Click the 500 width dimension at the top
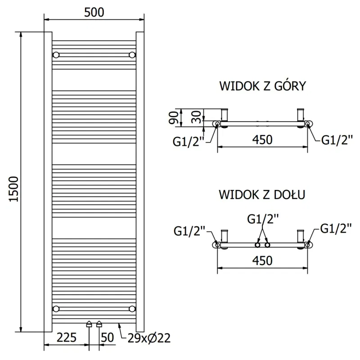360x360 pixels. (x=94, y=12)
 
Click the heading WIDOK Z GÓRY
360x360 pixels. (x=262, y=86)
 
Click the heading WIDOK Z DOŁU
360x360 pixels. (x=262, y=194)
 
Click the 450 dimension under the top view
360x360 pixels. (x=262, y=140)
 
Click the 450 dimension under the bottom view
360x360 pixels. (x=262, y=261)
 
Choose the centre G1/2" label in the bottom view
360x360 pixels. (x=262, y=219)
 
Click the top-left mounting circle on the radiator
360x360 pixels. (x=56, y=55)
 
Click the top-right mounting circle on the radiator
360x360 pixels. (x=132, y=55)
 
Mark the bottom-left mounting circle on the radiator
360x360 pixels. (x=56, y=308)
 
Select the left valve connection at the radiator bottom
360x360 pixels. (x=89, y=323)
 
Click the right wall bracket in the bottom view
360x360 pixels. (x=300, y=236)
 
